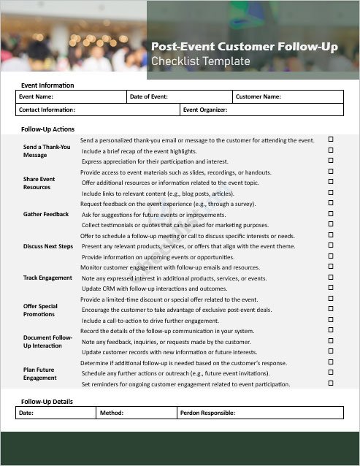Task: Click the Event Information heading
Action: point(47,85)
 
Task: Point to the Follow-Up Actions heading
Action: point(48,129)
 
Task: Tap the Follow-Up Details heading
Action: point(47,402)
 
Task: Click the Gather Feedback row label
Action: point(46,214)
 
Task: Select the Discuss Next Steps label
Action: point(48,246)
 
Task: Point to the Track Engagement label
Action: point(47,278)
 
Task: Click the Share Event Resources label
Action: point(39,183)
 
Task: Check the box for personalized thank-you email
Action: point(330,139)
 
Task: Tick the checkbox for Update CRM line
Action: point(330,288)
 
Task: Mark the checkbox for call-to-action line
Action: point(330,320)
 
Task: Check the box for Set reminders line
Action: point(330,383)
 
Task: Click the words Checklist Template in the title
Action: point(200,62)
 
